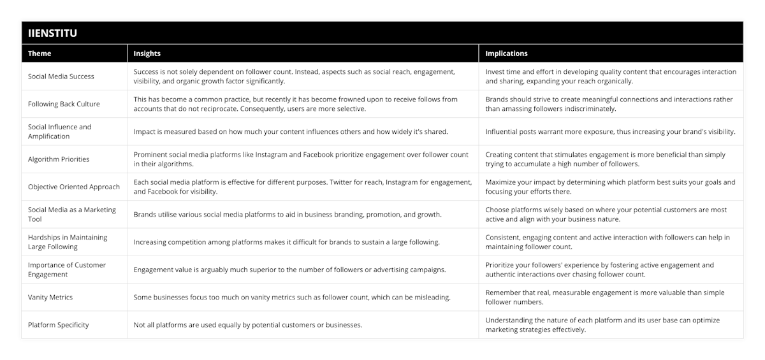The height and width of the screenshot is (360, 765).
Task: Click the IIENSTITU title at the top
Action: pyautogui.click(x=52, y=33)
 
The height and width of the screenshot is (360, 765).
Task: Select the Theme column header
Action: pyautogui.click(x=40, y=54)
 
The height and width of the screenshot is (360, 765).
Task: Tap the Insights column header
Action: pyautogui.click(x=147, y=54)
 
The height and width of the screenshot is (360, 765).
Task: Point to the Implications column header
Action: pyautogui.click(x=506, y=54)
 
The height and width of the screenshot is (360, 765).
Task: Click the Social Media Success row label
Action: pyautogui.click(x=61, y=76)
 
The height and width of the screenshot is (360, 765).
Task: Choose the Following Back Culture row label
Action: pyautogui.click(x=64, y=104)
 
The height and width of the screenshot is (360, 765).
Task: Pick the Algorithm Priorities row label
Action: pyautogui.click(x=59, y=159)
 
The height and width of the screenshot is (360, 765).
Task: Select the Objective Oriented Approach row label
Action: pyautogui.click(x=74, y=187)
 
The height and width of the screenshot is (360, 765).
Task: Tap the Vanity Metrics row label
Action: pyautogui.click(x=50, y=297)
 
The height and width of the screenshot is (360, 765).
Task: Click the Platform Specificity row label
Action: pyautogui.click(x=59, y=325)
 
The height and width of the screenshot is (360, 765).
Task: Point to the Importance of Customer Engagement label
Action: pyautogui.click(x=67, y=270)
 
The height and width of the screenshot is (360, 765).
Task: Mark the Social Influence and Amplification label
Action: pyautogui.click(x=60, y=131)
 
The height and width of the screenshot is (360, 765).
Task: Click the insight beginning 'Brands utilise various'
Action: pyautogui.click(x=288, y=215)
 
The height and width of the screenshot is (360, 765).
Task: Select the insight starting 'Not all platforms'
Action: pyautogui.click(x=248, y=325)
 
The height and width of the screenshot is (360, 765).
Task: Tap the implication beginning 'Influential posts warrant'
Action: pyautogui.click(x=610, y=132)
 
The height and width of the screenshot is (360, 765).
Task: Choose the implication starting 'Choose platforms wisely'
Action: pyautogui.click(x=606, y=214)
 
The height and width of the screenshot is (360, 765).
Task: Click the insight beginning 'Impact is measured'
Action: pyautogui.click(x=291, y=132)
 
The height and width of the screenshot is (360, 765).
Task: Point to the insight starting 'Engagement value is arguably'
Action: pyautogui.click(x=289, y=270)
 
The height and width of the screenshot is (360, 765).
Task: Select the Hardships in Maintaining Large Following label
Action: pyautogui.click(x=68, y=242)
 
